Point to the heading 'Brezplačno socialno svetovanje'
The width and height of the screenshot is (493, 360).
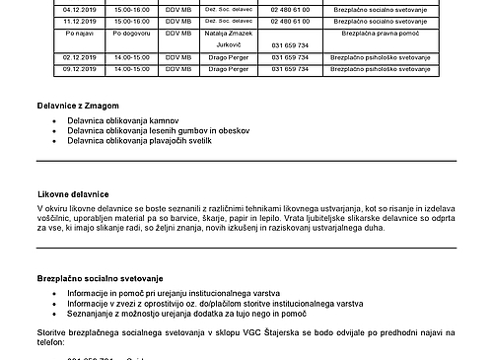[101, 278]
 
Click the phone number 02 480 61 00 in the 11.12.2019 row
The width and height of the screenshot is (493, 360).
[283, 19]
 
